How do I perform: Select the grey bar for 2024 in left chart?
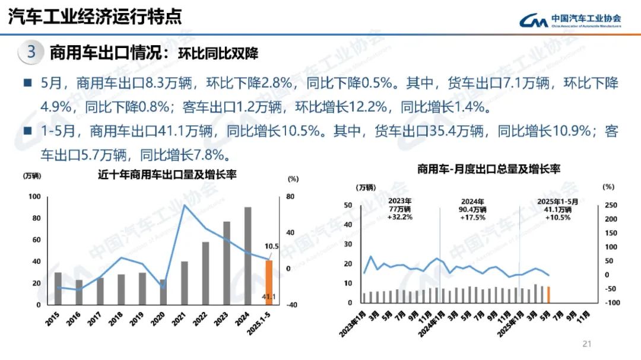click(x=247, y=256)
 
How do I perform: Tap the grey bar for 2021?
click(x=185, y=283)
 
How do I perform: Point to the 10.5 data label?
click(x=271, y=246)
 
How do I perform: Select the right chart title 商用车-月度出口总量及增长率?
click(x=488, y=169)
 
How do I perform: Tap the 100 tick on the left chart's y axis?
click(x=35, y=197)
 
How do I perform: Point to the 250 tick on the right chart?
click(x=611, y=205)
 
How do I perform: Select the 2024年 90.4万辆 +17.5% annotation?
click(x=472, y=209)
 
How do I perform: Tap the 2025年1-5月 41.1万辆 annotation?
click(x=557, y=209)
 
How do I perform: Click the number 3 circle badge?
click(x=31, y=52)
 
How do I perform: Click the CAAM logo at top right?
click(x=570, y=20)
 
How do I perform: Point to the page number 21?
click(x=588, y=344)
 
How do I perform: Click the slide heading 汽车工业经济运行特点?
click(x=95, y=17)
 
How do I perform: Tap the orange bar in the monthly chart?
click(x=548, y=295)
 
